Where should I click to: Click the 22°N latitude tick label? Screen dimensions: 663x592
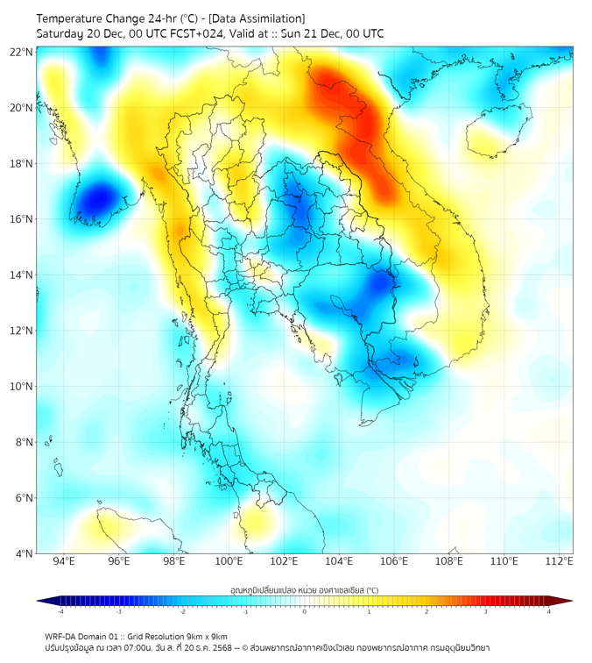pyautogui.click(x=21, y=52)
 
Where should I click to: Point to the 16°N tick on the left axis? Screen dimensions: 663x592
pyautogui.click(x=21, y=219)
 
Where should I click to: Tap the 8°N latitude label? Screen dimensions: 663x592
pyautogui.click(x=24, y=442)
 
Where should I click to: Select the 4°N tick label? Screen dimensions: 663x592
pyautogui.click(x=24, y=553)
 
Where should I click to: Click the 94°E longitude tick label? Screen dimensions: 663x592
pyautogui.click(x=64, y=561)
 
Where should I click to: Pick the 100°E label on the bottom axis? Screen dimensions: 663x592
pyautogui.click(x=229, y=561)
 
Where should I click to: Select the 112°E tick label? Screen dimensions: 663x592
pyautogui.click(x=560, y=561)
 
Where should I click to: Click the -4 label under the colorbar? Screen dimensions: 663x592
pyautogui.click(x=60, y=611)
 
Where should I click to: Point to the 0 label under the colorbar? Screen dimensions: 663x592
pyautogui.click(x=305, y=611)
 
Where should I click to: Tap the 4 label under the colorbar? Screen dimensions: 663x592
pyautogui.click(x=549, y=611)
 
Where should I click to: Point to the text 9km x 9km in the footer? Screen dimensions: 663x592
pyautogui.click(x=205, y=636)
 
